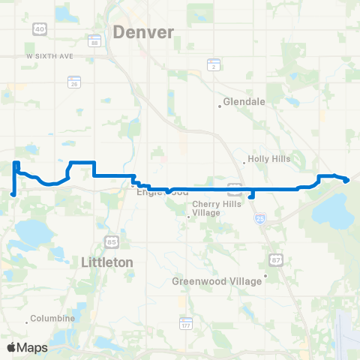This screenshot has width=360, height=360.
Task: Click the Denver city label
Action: coord(143,31)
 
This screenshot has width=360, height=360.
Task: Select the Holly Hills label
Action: coord(268,160)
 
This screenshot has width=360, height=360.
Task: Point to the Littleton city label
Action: coord(106,262)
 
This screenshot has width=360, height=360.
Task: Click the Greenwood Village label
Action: coord(217,280)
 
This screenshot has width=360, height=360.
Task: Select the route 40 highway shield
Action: coord(40,28)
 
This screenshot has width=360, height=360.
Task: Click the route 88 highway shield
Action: coord(95,40)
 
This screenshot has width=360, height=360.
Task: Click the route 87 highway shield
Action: coord(276,259)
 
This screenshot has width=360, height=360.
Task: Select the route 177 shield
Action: coord(186,323)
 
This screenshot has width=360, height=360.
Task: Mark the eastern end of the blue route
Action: coord(346,179)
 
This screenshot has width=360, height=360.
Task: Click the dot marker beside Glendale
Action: coord(220,106)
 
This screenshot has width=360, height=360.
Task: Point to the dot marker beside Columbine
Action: coord(28,322)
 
